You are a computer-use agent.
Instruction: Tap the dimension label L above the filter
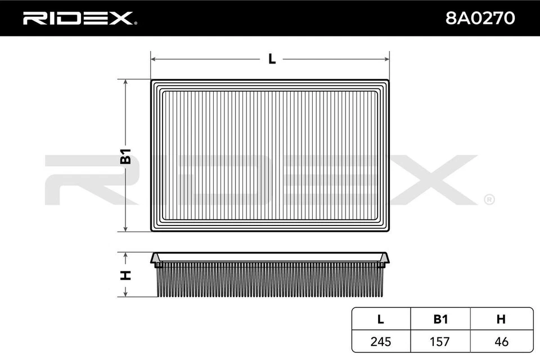(272, 58)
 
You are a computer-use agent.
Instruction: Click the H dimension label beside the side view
(126, 275)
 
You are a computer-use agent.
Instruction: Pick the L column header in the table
(380, 319)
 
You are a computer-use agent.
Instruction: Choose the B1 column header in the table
(440, 319)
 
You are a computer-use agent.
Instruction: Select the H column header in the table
(501, 319)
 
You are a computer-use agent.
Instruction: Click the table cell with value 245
(380, 341)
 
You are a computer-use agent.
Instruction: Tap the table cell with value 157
(440, 341)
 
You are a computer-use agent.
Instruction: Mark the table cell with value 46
(501, 341)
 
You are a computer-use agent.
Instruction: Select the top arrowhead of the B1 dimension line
(126, 82)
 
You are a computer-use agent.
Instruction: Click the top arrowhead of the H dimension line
(126, 255)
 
